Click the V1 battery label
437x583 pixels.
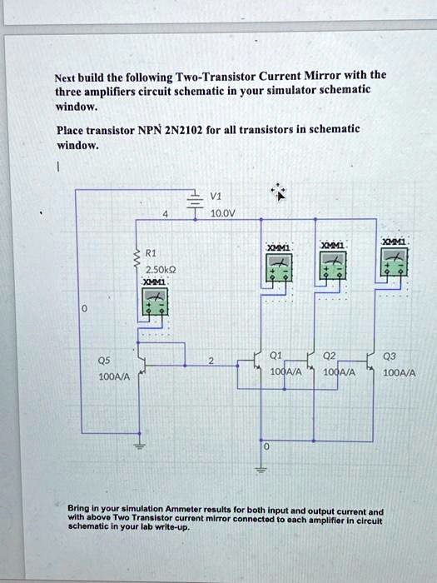coord(216,197)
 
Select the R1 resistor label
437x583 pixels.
coord(150,252)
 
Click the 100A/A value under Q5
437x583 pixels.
coord(112,377)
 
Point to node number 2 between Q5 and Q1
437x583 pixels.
coord(211,361)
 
